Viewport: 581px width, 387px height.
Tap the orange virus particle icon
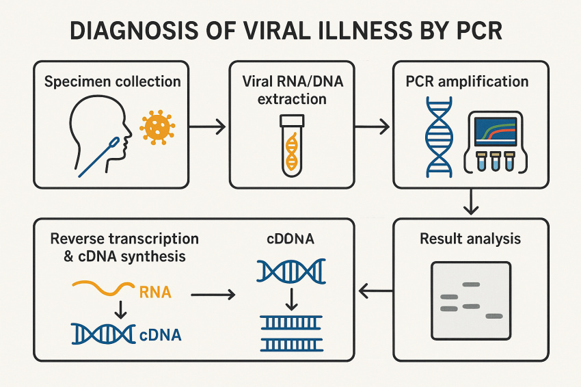tap(157, 126)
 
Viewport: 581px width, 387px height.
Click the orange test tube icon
tap(292, 146)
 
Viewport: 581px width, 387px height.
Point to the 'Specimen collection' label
tap(113, 82)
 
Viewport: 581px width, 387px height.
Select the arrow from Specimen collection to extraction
tap(207, 126)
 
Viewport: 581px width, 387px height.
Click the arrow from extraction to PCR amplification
tap(372, 126)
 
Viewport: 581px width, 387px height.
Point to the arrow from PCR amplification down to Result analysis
tap(471, 200)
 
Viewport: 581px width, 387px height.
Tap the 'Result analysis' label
tap(471, 239)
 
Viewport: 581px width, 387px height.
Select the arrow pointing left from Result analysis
tap(374, 293)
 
